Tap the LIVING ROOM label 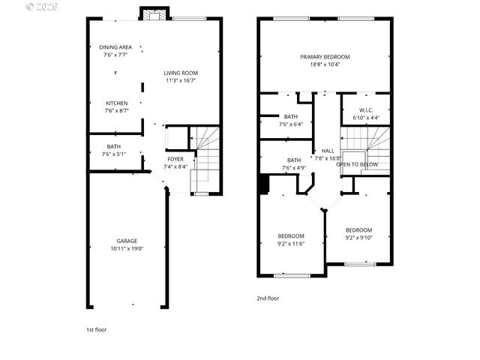(181, 73)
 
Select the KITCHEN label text (115, 103)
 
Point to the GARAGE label (126, 241)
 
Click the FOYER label (175, 159)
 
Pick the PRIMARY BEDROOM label (325, 57)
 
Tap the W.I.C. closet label (366, 110)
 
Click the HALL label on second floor (328, 151)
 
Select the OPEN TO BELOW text (357, 165)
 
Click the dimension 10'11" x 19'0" (126, 248)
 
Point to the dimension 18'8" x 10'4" (325, 64)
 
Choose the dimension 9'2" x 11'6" (291, 243)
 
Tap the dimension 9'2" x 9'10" (358, 238)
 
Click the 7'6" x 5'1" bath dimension (114, 154)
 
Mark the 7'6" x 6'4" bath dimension (290, 124)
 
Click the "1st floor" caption (96, 329)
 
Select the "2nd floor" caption (268, 298)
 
